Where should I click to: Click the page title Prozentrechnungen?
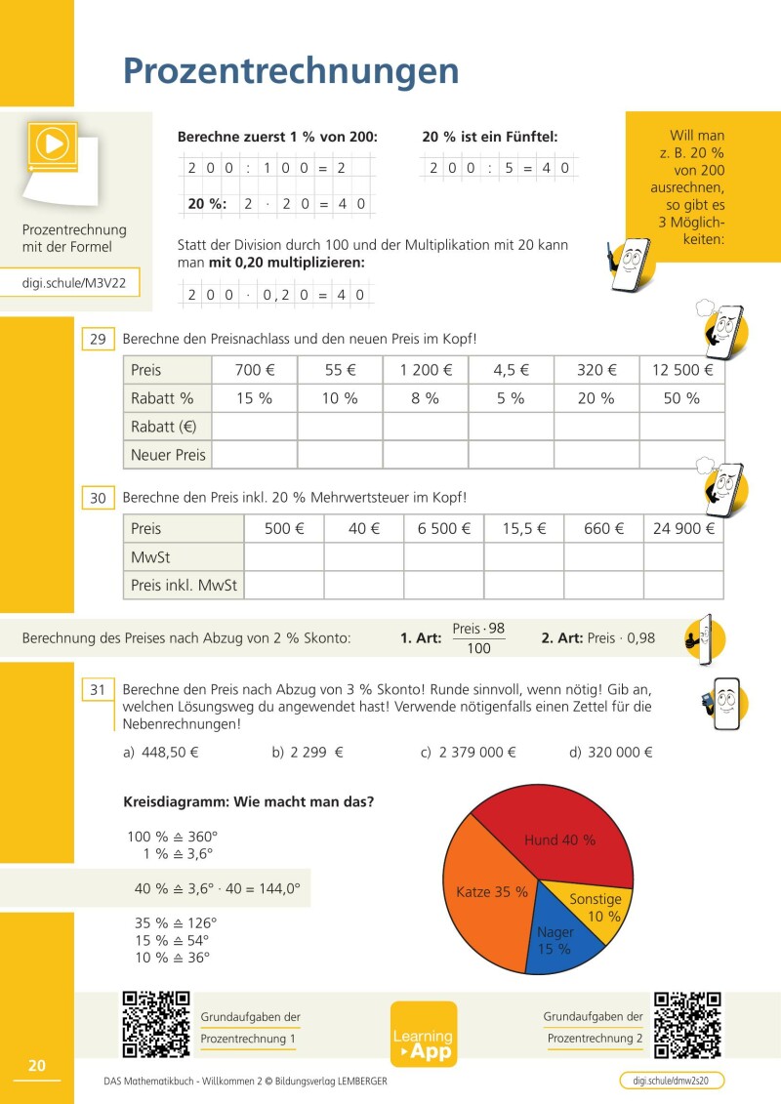290,71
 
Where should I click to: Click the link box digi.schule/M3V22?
81,284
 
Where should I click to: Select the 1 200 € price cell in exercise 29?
426,370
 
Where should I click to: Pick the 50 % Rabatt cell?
681,398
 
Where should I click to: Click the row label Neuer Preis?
168,455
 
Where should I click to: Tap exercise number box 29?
98,340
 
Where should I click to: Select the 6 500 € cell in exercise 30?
444,529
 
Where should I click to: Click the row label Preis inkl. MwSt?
185,586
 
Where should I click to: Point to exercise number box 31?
98,690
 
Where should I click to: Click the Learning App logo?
423,1035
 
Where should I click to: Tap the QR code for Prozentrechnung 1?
156,1024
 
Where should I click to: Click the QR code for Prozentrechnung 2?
687,1025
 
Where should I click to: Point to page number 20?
37,1065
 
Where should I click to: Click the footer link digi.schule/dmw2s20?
672,1081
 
